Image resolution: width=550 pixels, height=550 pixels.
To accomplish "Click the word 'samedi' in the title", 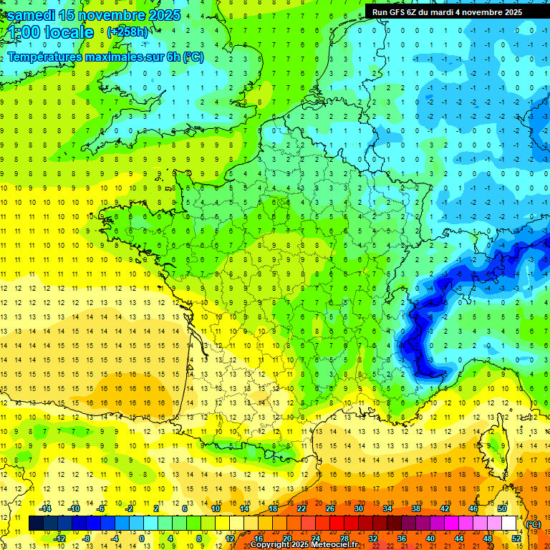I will [x=32, y=15].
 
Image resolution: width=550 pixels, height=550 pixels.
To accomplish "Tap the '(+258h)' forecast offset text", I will [x=127, y=32].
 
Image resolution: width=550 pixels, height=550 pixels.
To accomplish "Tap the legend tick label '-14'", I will [x=46, y=508].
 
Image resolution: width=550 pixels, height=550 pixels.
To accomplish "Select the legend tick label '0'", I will [x=141, y=539].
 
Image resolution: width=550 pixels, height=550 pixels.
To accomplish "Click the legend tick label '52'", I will [x=516, y=539].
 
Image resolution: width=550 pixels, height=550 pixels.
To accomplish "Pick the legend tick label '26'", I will [x=330, y=508].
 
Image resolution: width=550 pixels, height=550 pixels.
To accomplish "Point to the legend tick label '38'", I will [x=416, y=508].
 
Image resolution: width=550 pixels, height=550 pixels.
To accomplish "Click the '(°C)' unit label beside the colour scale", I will [x=534, y=524].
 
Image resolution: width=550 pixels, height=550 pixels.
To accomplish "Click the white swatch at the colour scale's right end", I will [x=509, y=524].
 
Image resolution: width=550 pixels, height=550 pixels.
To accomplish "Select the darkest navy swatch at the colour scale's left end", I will [x=36, y=524].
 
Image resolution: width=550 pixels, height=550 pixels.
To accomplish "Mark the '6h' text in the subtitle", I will [x=173, y=57].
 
